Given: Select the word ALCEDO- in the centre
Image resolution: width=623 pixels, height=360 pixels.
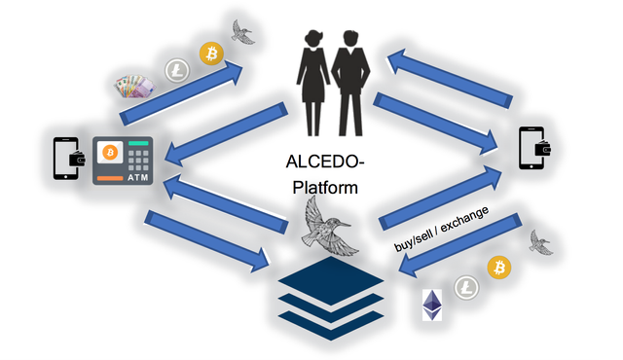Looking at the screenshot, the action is pyautogui.click(x=325, y=162).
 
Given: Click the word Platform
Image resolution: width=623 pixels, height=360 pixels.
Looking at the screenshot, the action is pyautogui.click(x=325, y=188).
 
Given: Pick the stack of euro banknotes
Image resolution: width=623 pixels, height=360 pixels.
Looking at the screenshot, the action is pyautogui.click(x=134, y=87).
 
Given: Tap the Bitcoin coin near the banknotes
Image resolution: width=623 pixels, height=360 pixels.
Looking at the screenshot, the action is pyautogui.click(x=211, y=54).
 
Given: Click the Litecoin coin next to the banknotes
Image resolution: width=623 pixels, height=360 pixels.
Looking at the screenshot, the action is pyautogui.click(x=177, y=71).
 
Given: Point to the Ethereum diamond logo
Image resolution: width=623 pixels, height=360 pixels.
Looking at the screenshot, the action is pyautogui.click(x=432, y=305).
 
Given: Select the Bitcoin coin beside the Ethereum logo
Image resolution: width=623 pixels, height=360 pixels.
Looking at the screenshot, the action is pyautogui.click(x=499, y=268).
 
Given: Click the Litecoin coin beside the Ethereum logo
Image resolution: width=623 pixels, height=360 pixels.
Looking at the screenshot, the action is pyautogui.click(x=466, y=287).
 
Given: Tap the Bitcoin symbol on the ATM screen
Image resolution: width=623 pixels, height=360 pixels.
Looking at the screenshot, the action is pyautogui.click(x=110, y=152).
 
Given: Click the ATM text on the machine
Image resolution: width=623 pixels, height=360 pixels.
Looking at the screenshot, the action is pyautogui.click(x=138, y=177).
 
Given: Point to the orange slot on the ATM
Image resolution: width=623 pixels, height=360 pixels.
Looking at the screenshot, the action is pyautogui.click(x=110, y=178).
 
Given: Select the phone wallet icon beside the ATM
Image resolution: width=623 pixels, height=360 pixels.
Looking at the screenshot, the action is pyautogui.click(x=69, y=159).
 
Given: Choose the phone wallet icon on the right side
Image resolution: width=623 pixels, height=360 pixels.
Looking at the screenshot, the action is pyautogui.click(x=534, y=148).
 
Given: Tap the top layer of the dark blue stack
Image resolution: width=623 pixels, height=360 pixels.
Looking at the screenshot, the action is pyautogui.click(x=331, y=280).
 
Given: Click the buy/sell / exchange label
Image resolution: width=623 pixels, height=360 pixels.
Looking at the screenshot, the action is pyautogui.click(x=441, y=230).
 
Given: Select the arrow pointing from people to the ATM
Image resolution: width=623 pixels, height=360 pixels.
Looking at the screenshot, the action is pyautogui.click(x=226, y=133).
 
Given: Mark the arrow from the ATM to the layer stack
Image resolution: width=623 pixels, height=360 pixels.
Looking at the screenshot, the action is pyautogui.click(x=207, y=241).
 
